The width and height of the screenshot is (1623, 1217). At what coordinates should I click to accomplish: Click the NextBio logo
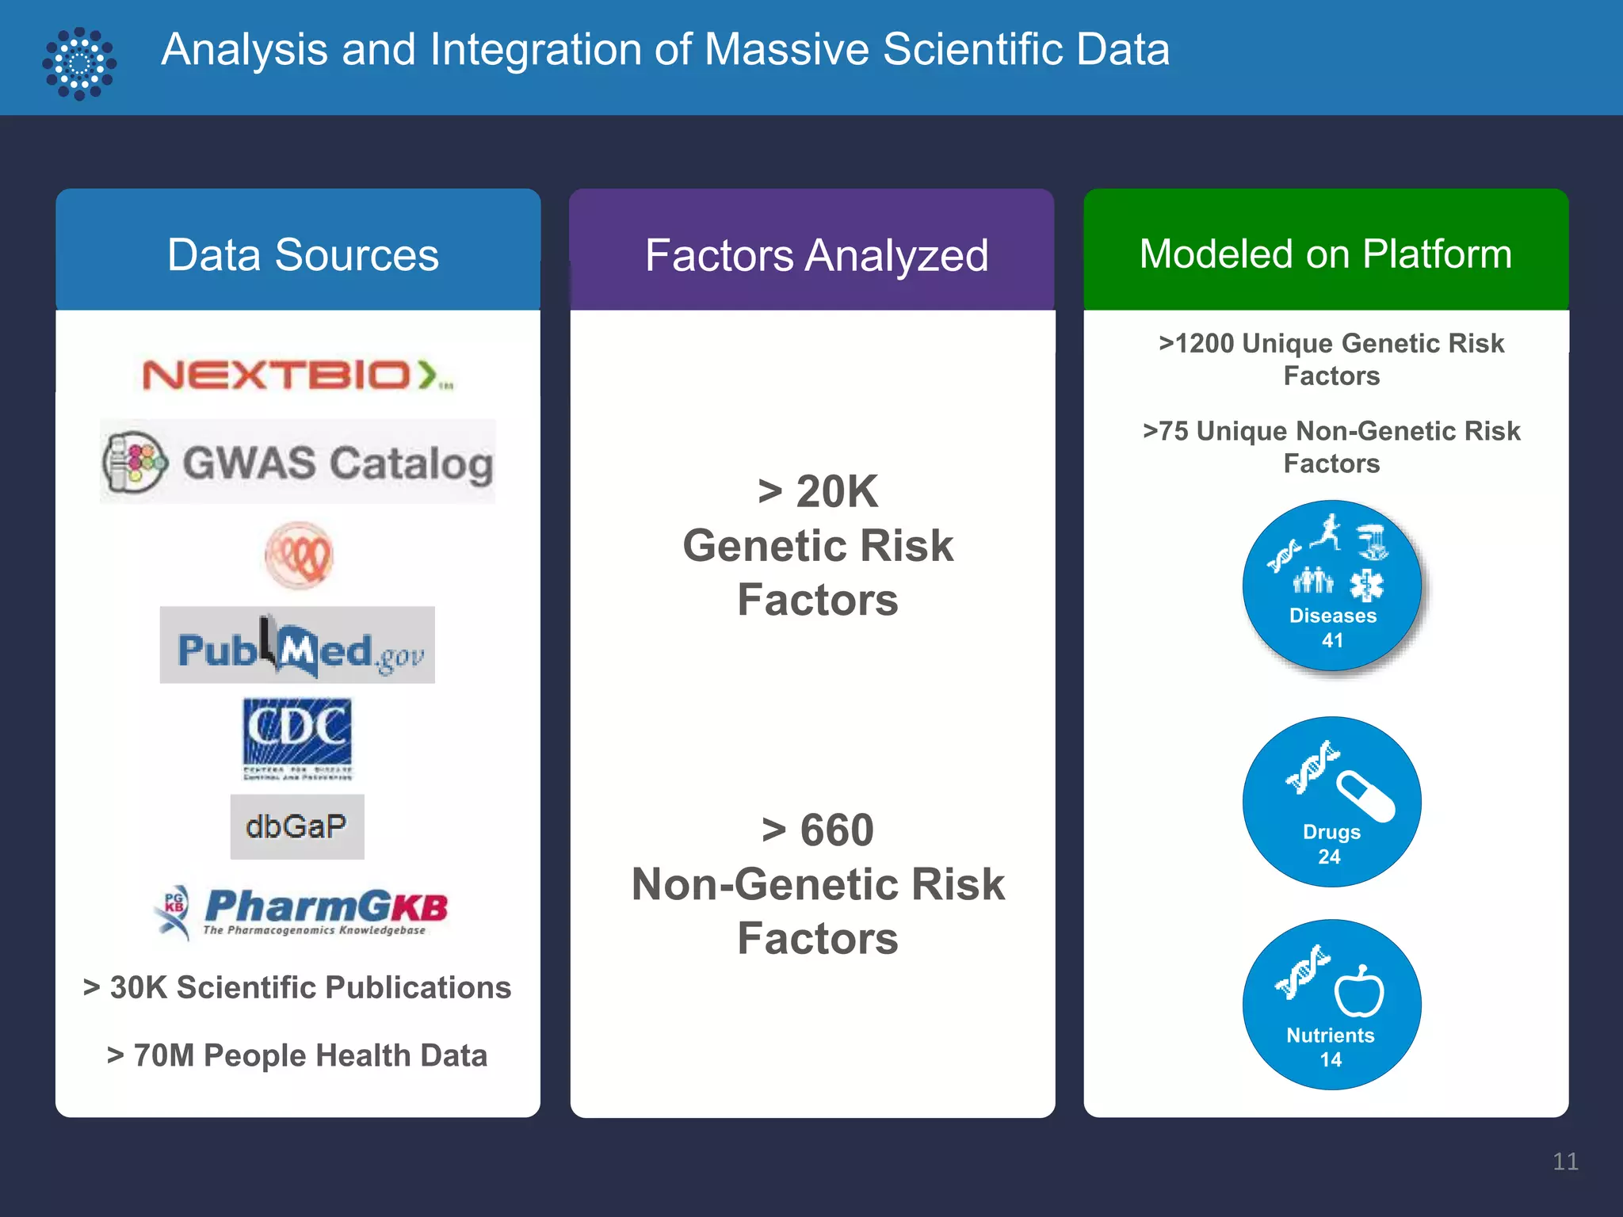(297, 375)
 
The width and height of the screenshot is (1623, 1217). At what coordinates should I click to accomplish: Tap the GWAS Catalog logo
(297, 462)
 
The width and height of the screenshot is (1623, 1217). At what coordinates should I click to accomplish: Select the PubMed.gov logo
(297, 646)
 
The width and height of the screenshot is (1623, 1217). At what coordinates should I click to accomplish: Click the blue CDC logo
(297, 737)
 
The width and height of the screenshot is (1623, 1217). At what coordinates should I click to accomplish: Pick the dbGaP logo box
(297, 826)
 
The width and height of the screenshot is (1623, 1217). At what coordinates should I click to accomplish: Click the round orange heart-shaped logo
(299, 555)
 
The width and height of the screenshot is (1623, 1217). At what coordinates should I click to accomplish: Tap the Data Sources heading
(302, 255)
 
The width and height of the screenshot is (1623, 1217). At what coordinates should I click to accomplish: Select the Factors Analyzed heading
(816, 256)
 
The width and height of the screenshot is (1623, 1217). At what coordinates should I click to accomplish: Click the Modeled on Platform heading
(1325, 254)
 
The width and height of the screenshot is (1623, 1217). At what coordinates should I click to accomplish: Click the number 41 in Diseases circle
(1332, 640)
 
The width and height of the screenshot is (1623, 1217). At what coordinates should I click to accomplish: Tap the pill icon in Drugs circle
(1365, 796)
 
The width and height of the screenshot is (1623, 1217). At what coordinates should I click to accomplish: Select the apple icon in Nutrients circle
(1359, 990)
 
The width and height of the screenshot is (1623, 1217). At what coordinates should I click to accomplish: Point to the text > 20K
(818, 491)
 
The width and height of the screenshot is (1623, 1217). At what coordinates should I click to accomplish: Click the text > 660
(818, 830)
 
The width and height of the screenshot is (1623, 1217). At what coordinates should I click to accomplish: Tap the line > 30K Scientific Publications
(297, 987)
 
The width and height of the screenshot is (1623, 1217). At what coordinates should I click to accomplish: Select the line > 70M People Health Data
(297, 1055)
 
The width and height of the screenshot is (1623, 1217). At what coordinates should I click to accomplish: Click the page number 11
(1564, 1162)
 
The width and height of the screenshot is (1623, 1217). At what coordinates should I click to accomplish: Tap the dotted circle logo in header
(79, 63)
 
